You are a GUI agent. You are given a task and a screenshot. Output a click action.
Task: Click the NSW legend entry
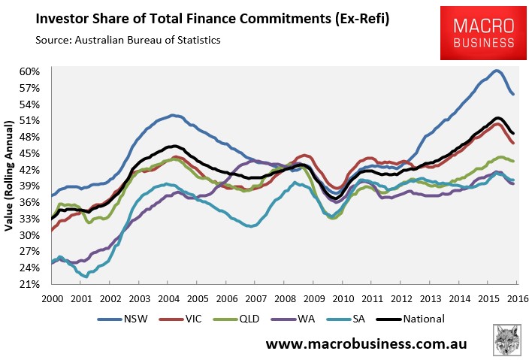[x=122, y=319]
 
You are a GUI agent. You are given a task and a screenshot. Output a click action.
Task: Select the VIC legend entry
[x=180, y=319]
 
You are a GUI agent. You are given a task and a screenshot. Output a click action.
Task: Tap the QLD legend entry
[x=236, y=319]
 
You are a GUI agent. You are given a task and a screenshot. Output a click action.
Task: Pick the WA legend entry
[x=293, y=319]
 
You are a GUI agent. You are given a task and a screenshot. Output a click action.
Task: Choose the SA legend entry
[x=346, y=319]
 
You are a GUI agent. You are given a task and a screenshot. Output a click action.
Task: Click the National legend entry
[x=410, y=319]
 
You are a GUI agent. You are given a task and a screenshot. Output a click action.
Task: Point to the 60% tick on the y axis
[x=29, y=72]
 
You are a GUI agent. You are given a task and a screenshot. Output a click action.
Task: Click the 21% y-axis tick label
[x=29, y=284]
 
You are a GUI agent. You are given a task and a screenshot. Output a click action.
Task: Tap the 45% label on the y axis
[x=29, y=154]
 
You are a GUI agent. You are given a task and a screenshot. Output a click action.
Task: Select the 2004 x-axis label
[x=168, y=299]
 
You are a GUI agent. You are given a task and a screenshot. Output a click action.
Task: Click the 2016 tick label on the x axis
[x=518, y=299]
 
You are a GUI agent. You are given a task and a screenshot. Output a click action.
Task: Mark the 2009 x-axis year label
[x=314, y=299]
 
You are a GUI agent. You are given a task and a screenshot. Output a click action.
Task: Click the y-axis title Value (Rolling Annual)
[x=8, y=176]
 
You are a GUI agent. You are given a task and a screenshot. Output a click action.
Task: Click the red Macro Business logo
[x=483, y=33]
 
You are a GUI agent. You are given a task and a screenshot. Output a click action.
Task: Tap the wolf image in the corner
[x=506, y=340]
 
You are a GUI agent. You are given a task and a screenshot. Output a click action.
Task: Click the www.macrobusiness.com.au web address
[x=367, y=343]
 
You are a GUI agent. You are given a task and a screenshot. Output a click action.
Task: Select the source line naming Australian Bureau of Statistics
[x=128, y=40]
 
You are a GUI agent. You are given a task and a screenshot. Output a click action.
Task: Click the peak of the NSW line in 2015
[x=496, y=71]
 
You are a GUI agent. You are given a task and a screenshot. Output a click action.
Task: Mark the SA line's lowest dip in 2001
[x=86, y=277]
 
